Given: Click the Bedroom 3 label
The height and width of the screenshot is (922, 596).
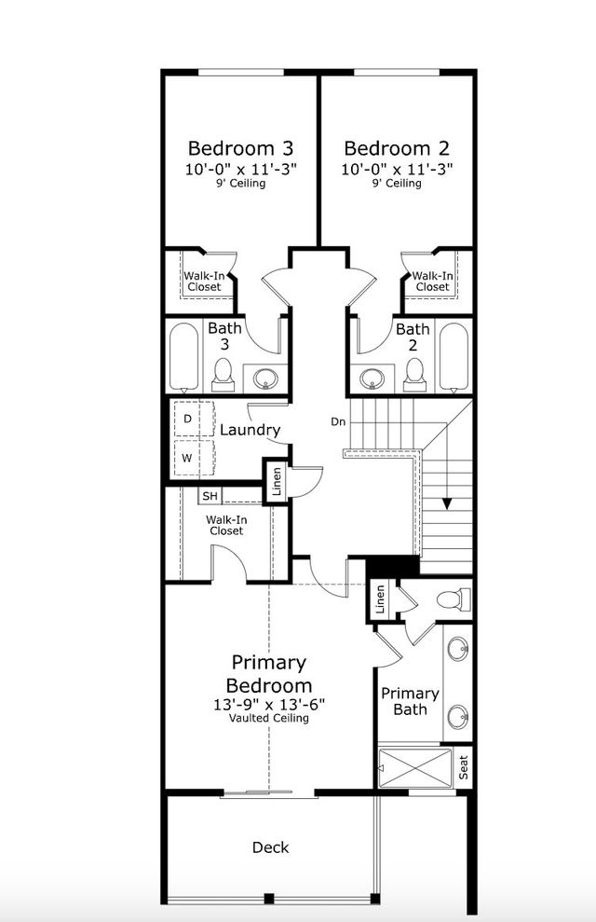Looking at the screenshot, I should point(241,148).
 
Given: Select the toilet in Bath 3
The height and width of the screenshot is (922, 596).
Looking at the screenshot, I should point(223,375).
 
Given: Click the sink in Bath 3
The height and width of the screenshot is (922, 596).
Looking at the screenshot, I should point(265,378).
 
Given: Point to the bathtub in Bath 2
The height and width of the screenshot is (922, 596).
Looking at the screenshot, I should point(454,357).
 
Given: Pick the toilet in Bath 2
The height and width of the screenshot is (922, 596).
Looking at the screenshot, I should point(414,375).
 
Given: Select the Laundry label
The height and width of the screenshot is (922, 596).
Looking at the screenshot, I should point(250,430).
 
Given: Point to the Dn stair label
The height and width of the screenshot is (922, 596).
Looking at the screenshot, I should point(340,421).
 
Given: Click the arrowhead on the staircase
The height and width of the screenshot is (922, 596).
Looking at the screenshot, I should point(448,504).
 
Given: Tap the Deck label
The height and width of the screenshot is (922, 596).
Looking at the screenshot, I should point(271,847).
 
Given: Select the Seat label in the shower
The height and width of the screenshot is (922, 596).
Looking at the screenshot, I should point(464,768).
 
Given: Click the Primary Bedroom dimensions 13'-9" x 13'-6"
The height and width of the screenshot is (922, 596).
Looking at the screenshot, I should point(269,705).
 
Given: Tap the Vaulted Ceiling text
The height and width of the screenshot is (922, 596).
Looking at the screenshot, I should point(269,719).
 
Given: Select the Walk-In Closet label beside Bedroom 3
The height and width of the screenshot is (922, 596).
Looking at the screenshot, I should point(202,281).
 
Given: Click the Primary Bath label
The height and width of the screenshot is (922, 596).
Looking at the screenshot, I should point(410,701).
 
